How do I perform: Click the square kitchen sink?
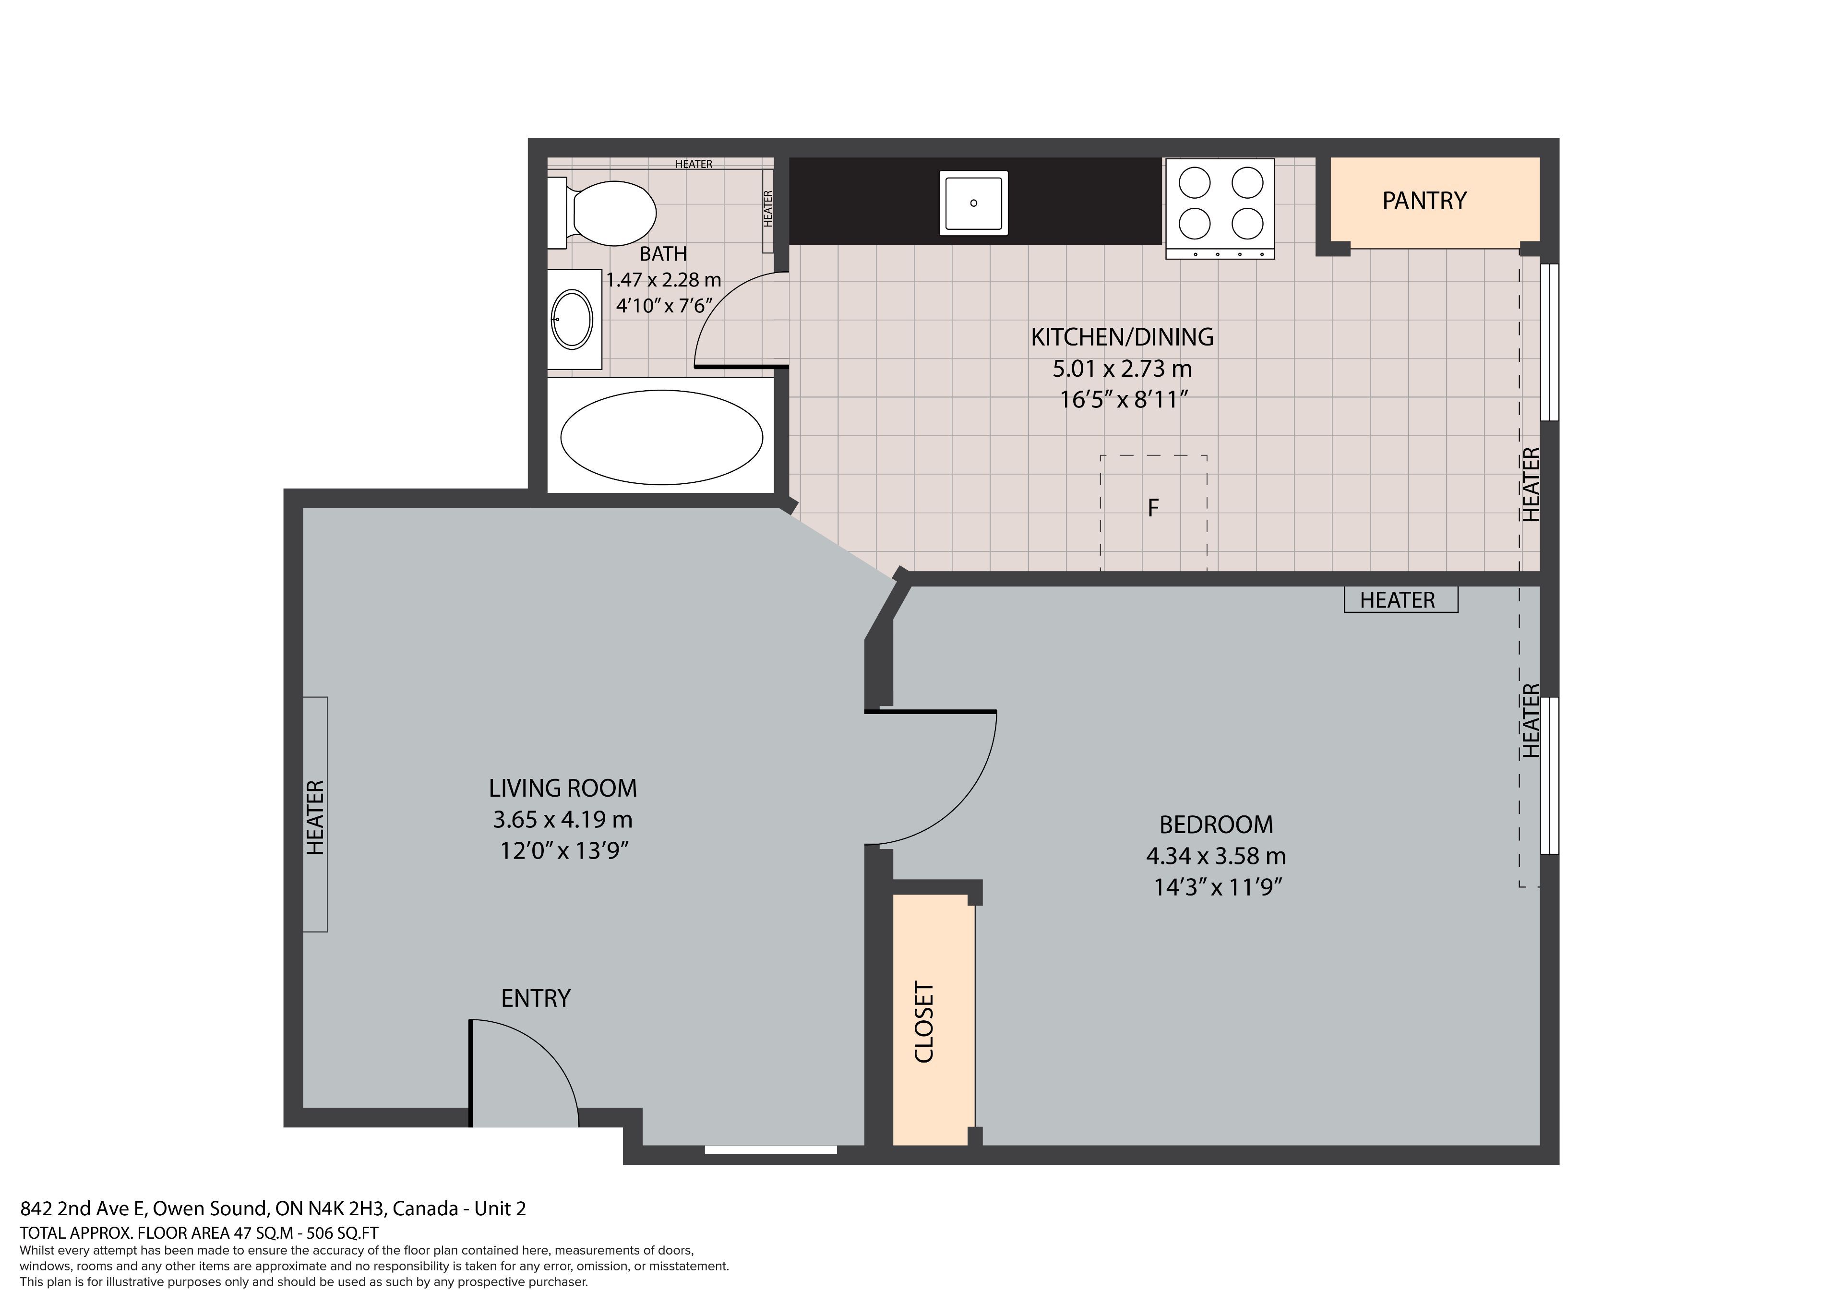pyautogui.click(x=974, y=203)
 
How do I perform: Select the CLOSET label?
pyautogui.click(x=925, y=1022)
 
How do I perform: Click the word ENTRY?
pyautogui.click(x=536, y=998)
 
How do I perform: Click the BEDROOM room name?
pyautogui.click(x=1216, y=825)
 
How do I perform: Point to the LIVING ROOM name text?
pyautogui.click(x=562, y=789)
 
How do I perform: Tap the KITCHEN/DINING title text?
pyautogui.click(x=1122, y=337)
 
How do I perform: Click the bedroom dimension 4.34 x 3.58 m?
pyautogui.click(x=1216, y=856)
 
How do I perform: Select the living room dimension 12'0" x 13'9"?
pyautogui.click(x=563, y=850)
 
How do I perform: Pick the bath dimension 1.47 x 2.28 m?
pyautogui.click(x=663, y=280)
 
